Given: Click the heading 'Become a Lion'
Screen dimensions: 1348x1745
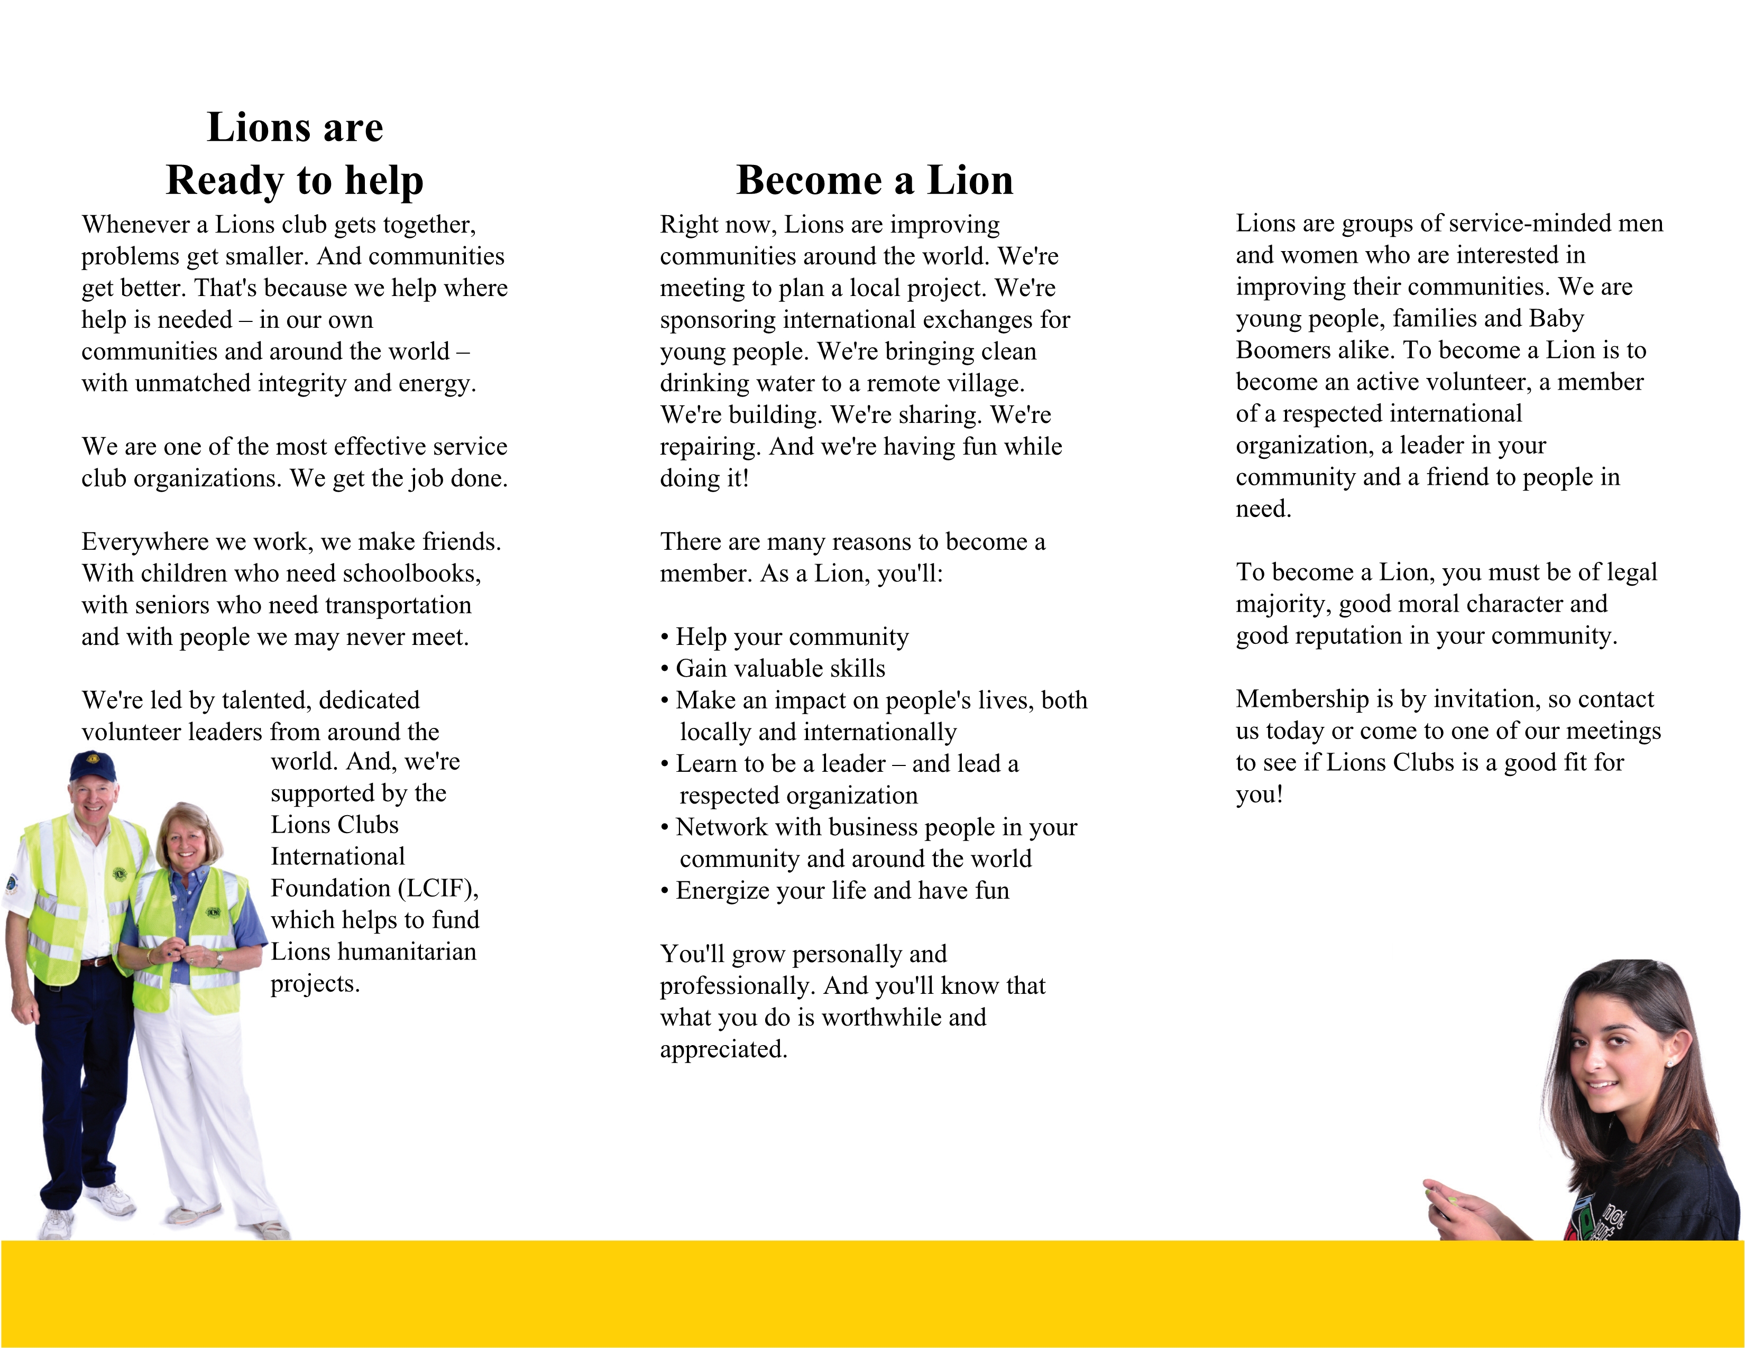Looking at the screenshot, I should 874,180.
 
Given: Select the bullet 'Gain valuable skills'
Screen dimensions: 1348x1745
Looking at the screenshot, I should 780,668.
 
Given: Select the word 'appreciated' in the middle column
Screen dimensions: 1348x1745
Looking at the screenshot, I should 722,1049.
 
